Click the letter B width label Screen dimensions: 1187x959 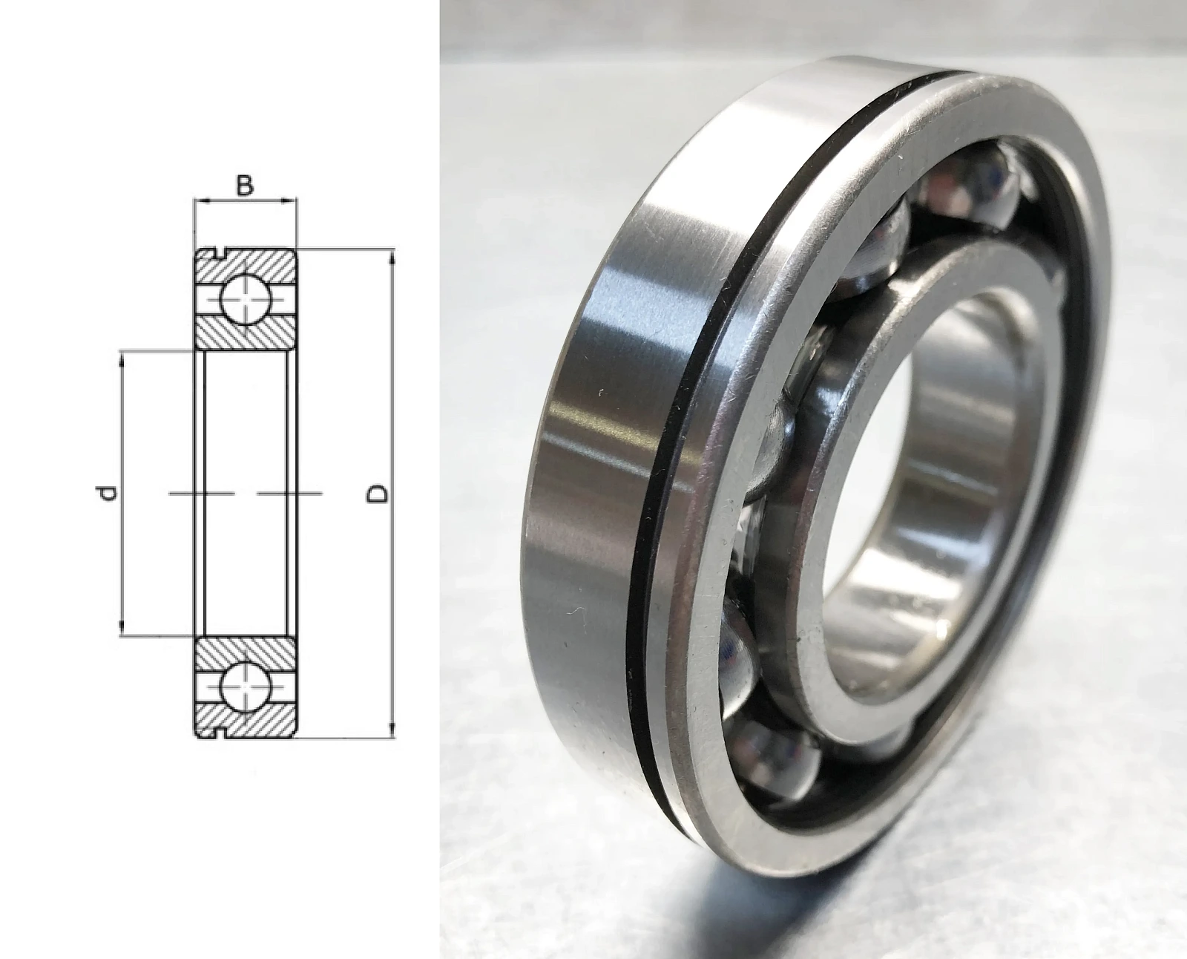click(x=244, y=186)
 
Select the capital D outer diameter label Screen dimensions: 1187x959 click(x=378, y=494)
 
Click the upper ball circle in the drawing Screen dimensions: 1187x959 click(x=245, y=299)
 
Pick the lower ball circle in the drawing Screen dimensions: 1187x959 click(x=245, y=687)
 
